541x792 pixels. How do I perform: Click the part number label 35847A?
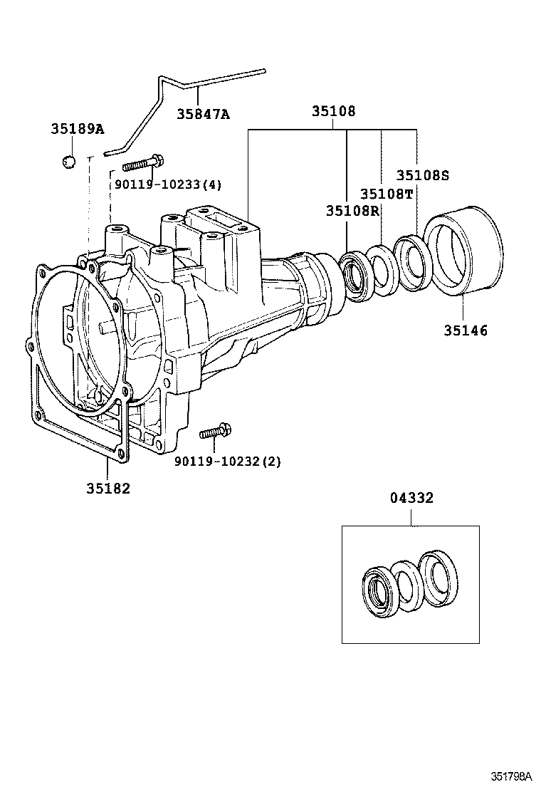point(203,113)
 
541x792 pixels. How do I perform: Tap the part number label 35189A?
point(77,129)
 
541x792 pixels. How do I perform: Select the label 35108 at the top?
point(333,112)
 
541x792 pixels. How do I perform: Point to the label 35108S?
point(423,175)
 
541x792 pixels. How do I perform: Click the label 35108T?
point(386,194)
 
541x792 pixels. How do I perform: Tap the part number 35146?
point(466,330)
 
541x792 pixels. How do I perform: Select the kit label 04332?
point(411,499)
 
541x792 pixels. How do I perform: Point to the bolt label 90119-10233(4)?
point(167,185)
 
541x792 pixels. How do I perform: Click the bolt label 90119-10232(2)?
point(227,462)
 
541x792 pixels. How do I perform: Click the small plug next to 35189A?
point(68,162)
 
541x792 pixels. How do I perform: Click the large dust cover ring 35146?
point(463,249)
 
